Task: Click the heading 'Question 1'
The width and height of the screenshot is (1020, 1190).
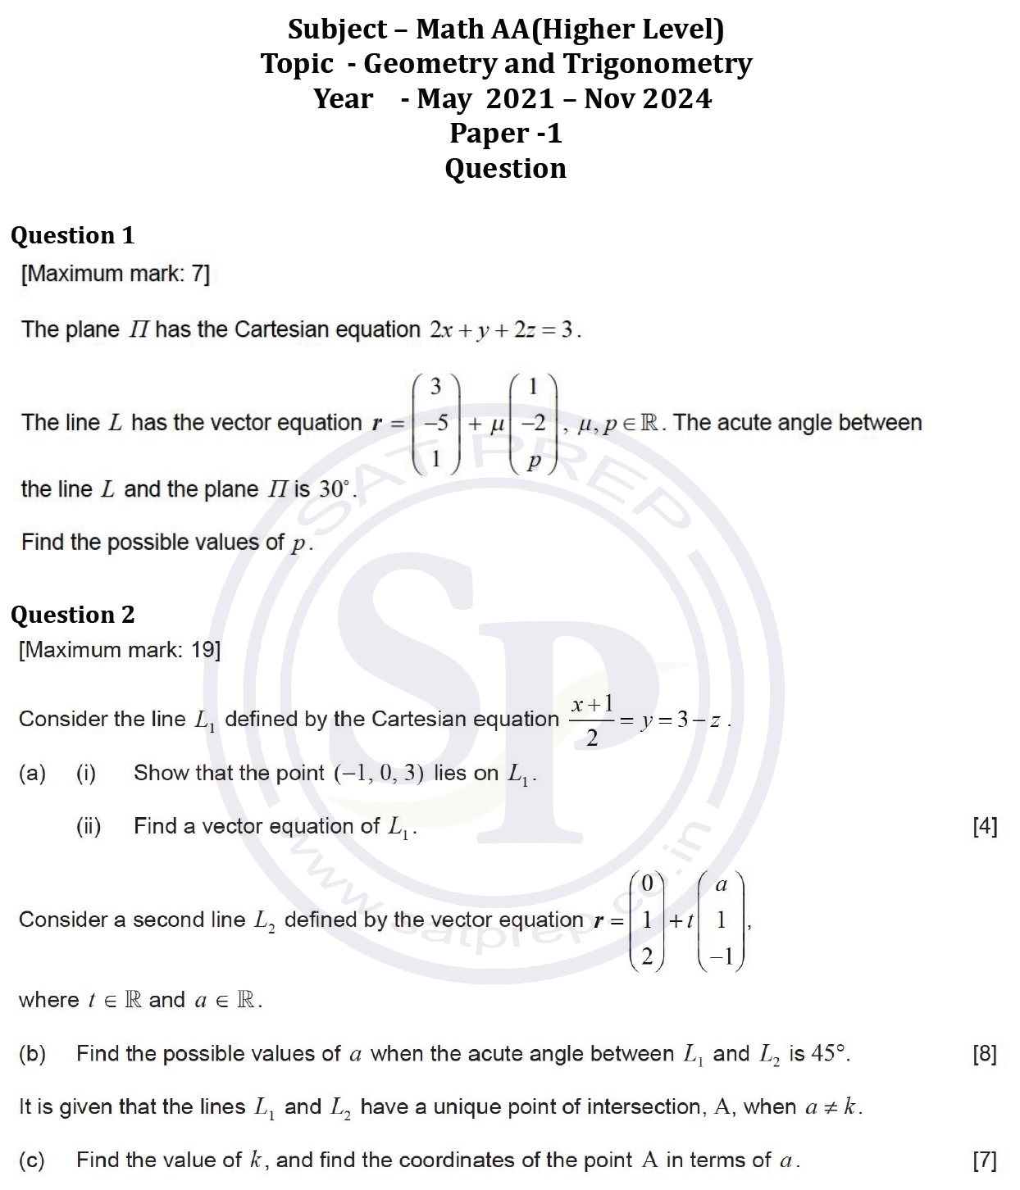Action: [x=72, y=235]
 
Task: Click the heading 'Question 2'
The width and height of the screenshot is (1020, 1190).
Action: [x=72, y=615]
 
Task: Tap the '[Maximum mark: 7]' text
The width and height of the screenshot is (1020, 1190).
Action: [x=115, y=274]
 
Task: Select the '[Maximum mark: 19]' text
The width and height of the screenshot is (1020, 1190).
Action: [x=120, y=650]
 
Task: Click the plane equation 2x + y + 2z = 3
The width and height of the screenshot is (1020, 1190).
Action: [x=504, y=330]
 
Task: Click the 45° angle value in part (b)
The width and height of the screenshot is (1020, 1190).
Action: [x=830, y=1054]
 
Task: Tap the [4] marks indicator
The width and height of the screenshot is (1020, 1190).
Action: [x=985, y=826]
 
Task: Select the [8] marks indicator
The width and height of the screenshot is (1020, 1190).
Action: [x=985, y=1054]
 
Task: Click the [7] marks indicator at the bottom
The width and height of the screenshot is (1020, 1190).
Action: [x=985, y=1160]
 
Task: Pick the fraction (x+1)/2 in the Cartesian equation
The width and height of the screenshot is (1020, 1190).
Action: [x=592, y=720]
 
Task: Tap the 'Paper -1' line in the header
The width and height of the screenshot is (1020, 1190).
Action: [x=505, y=133]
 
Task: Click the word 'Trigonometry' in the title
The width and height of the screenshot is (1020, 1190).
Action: [x=665, y=64]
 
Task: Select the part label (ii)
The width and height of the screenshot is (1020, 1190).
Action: [x=89, y=826]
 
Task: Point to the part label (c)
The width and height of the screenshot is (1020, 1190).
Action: [x=32, y=1160]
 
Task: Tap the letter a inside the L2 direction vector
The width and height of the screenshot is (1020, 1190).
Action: [x=721, y=885]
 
